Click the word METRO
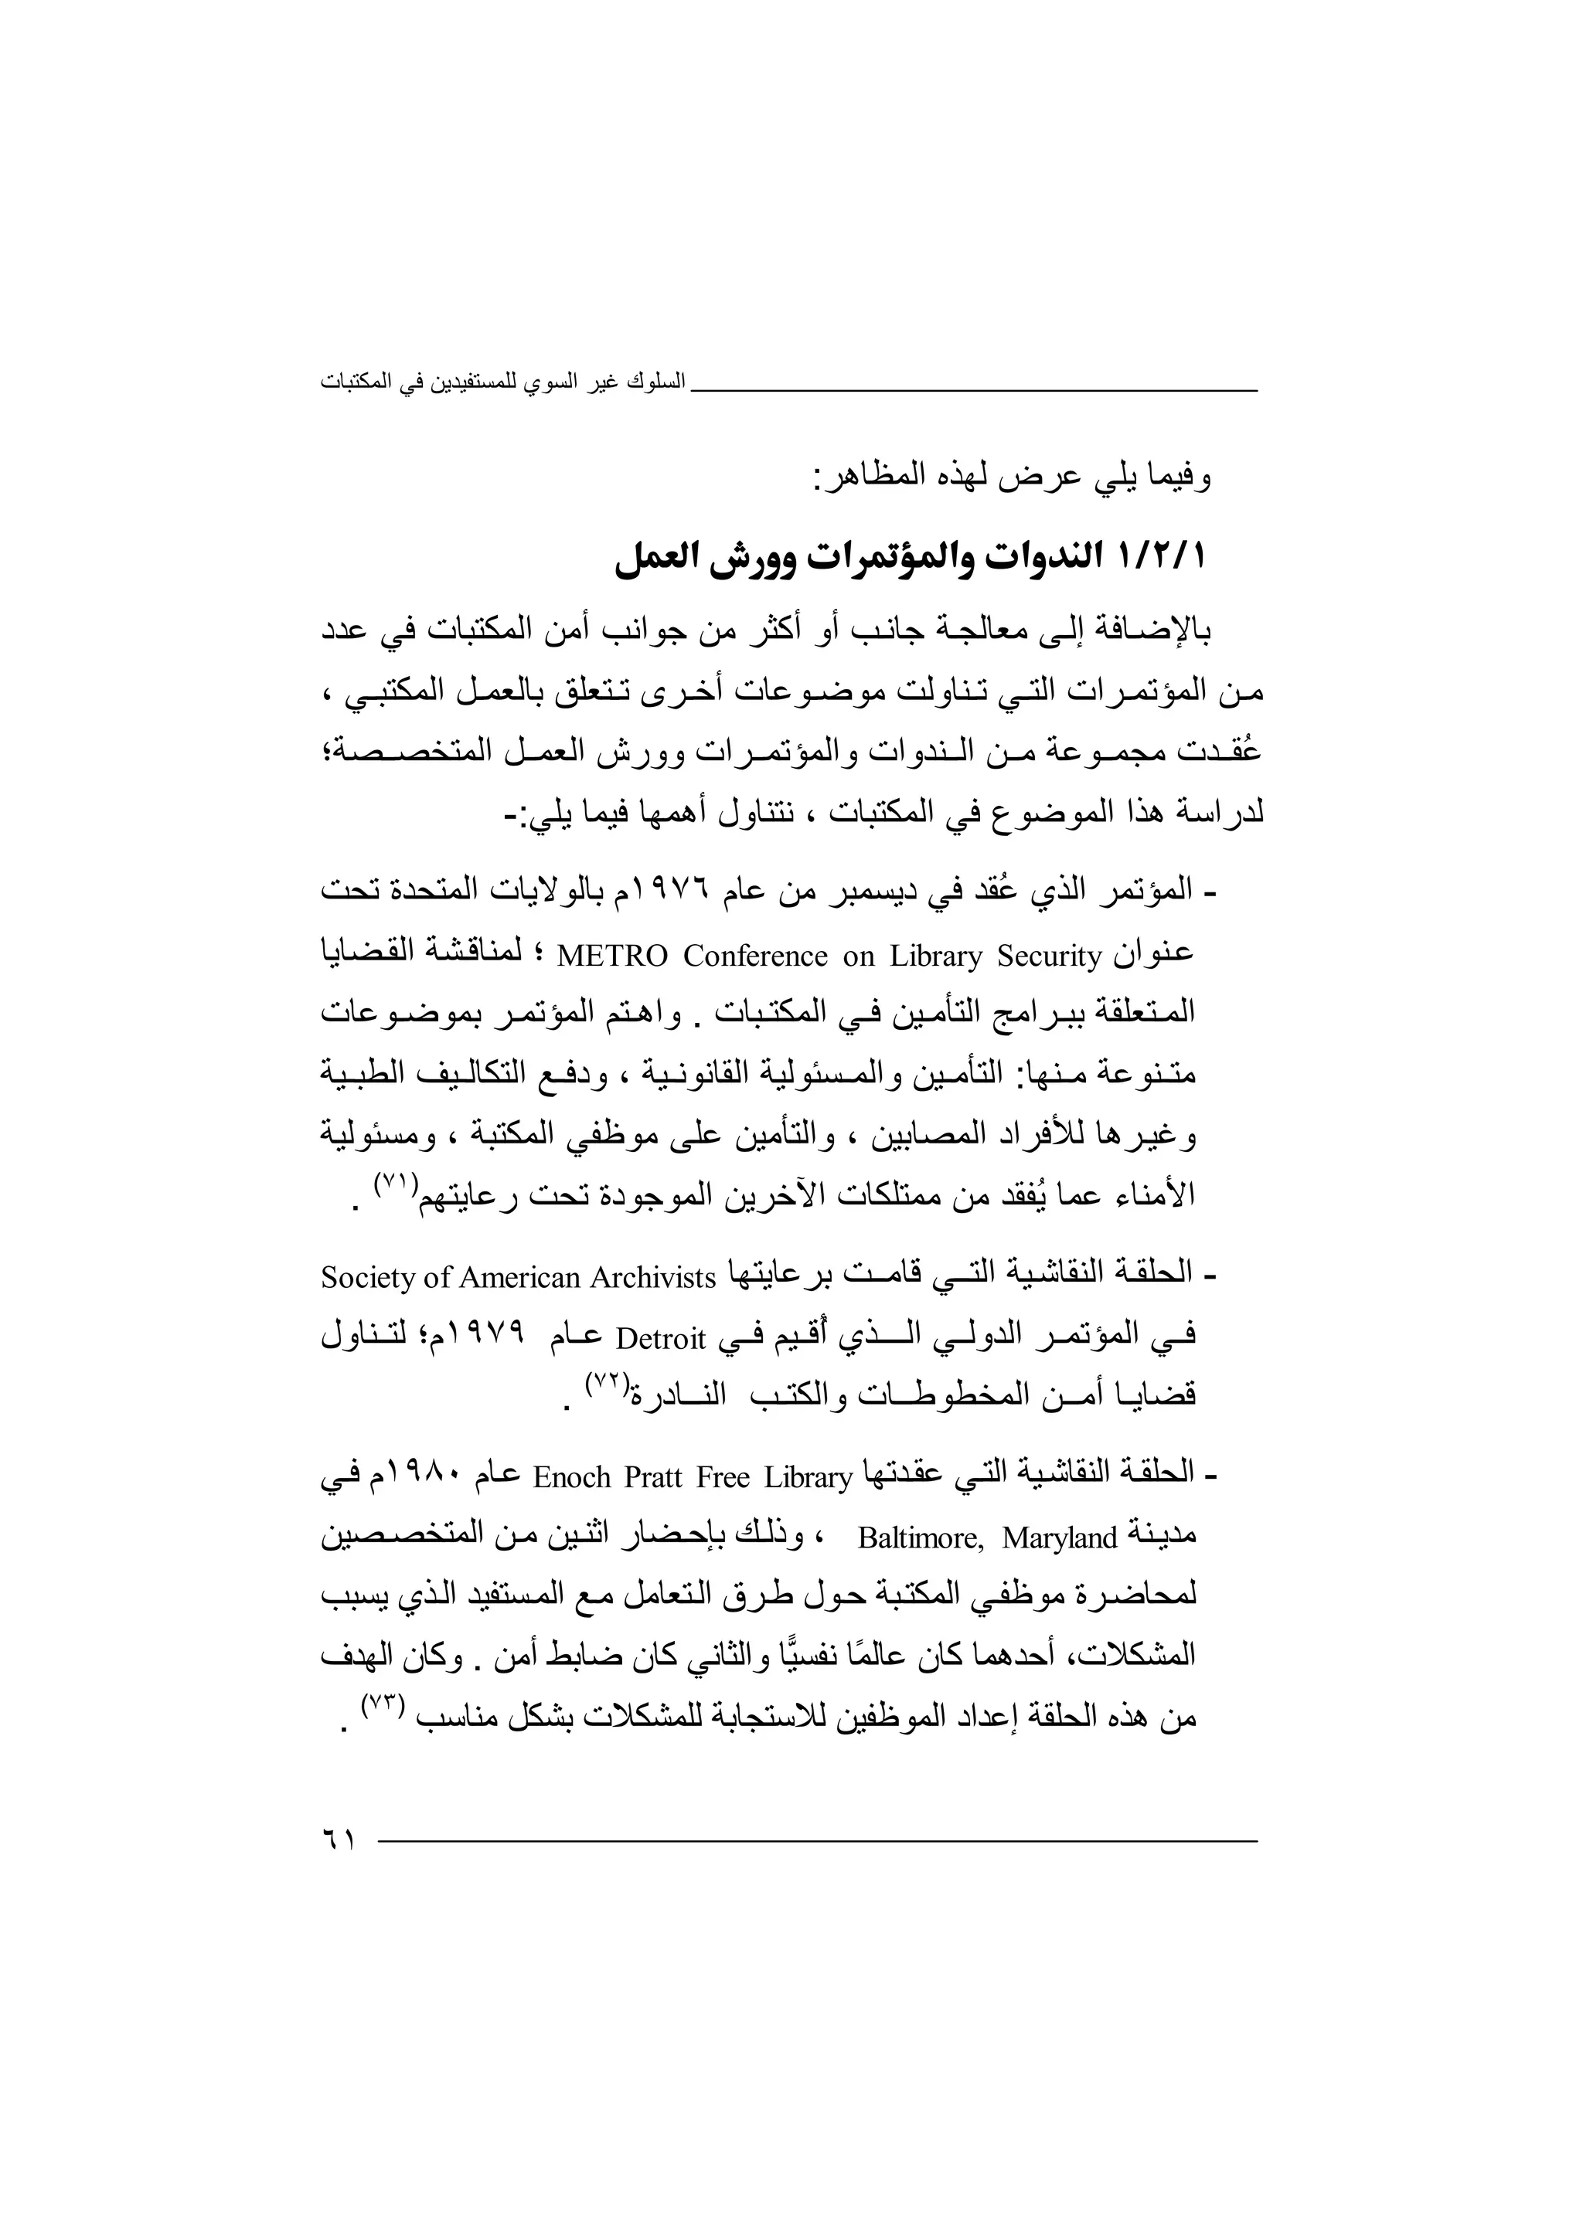tap(611, 956)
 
